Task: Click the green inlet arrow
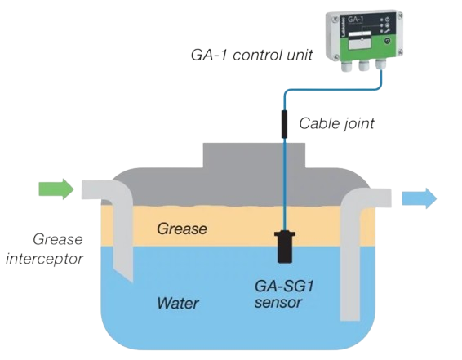(56, 189)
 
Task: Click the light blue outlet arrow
(419, 198)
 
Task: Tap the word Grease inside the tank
(182, 229)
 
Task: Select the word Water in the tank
(178, 303)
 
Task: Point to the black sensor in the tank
(284, 247)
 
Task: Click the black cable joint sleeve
(284, 124)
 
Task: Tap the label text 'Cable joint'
(336, 123)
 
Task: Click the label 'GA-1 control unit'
(251, 55)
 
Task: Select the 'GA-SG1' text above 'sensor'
(284, 286)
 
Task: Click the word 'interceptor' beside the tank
(45, 259)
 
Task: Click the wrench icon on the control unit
(387, 30)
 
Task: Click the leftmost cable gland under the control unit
(346, 64)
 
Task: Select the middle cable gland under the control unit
(364, 64)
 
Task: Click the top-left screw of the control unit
(335, 19)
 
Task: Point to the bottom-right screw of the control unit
(400, 52)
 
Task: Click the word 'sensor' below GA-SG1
(278, 303)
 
